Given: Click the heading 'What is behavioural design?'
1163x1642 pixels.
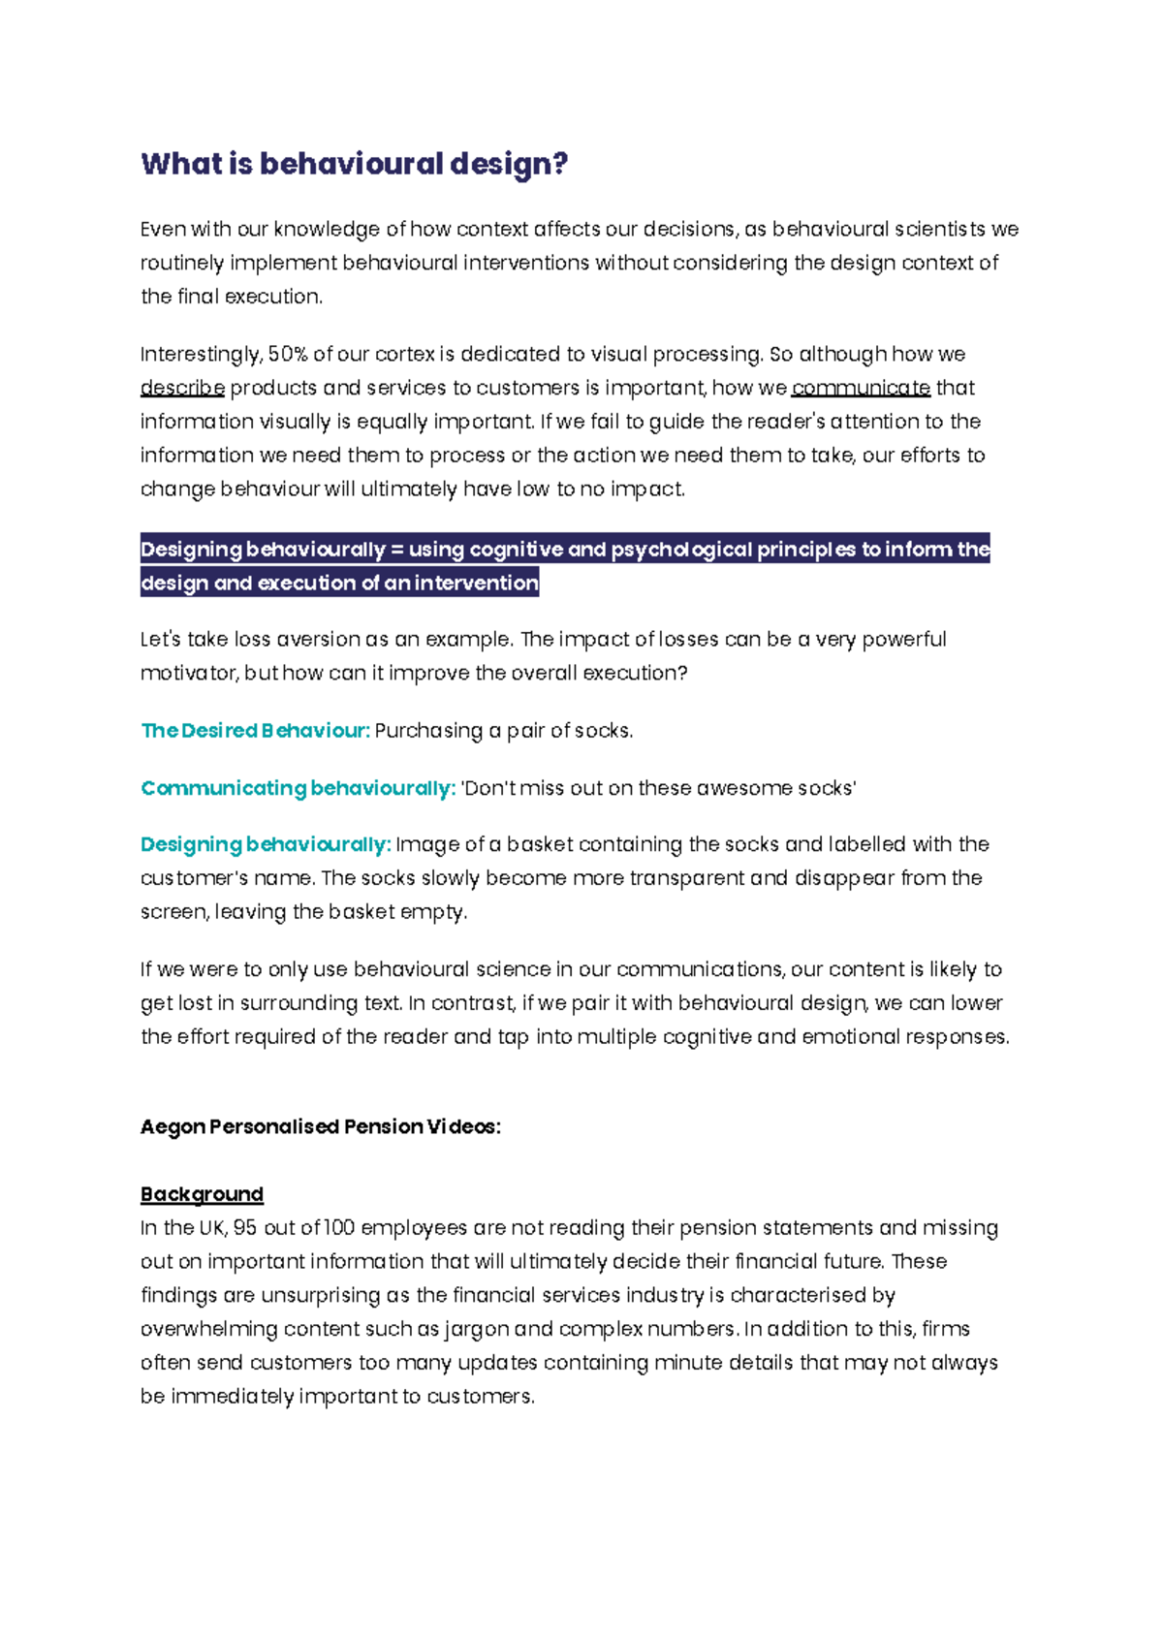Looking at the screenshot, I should pos(354,164).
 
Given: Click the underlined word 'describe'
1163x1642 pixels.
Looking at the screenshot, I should pos(182,388).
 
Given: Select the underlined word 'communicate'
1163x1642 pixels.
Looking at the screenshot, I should pos(861,388).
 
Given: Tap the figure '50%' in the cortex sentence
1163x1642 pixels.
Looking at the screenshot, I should pos(287,354).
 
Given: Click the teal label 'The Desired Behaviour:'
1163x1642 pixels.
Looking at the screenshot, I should pos(255,731).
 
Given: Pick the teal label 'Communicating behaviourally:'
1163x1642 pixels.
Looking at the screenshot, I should pos(298,788).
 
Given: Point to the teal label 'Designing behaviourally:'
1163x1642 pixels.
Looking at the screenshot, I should pos(266,844).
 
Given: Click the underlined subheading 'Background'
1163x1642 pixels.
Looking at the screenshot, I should pos(202,1194).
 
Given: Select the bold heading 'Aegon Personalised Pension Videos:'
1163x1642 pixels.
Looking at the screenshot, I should pos(320,1126).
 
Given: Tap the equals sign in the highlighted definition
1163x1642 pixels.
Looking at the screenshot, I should pos(395,550).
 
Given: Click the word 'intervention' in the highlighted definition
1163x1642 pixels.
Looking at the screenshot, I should pos(476,584).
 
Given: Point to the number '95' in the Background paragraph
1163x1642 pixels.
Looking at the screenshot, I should pos(244,1228).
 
